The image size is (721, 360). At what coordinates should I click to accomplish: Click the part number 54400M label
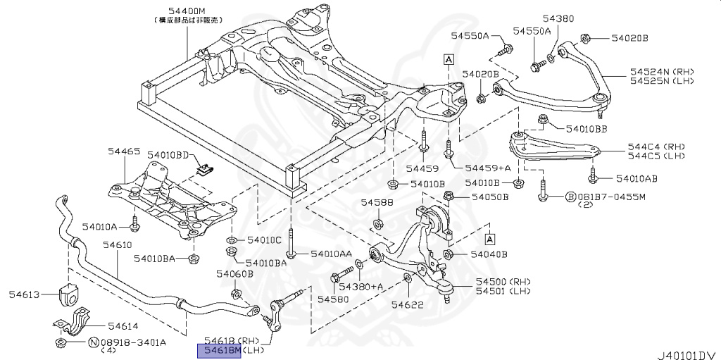[187, 11]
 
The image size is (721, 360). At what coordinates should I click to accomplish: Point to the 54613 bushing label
[25, 294]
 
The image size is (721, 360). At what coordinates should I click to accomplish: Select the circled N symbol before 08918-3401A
[92, 342]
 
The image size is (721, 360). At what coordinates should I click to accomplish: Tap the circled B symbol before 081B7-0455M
[572, 197]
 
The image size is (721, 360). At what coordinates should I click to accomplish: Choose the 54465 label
[124, 151]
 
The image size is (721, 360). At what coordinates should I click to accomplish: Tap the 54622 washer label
[407, 304]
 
